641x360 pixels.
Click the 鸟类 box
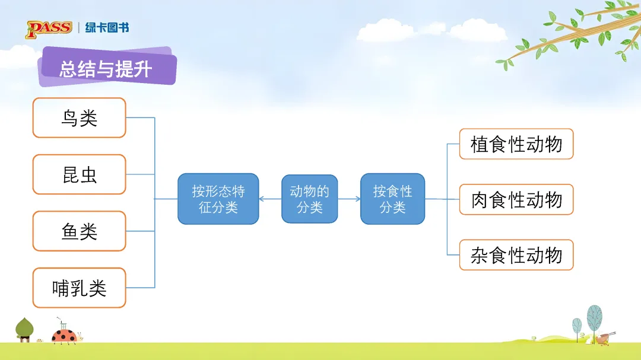tap(79, 118)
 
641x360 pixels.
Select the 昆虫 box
tap(79, 174)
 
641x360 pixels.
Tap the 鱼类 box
tap(79, 231)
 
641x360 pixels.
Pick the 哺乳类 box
tap(79, 288)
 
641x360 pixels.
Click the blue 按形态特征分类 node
tap(218, 199)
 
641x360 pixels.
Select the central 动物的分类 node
tap(309, 199)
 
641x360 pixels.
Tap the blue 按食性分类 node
tap(392, 199)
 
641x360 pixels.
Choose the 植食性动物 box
tap(516, 144)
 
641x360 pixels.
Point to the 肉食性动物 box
tap(516, 199)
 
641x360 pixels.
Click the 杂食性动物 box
tap(516, 255)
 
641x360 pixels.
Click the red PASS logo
tap(49, 28)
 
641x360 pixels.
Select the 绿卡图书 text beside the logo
tap(107, 28)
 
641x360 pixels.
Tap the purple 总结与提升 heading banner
tap(107, 68)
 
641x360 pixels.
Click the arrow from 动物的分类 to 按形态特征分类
tap(270, 199)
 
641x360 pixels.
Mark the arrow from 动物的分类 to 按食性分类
tap(349, 199)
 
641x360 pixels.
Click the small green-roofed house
tap(24, 330)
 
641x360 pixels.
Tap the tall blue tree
tap(594, 319)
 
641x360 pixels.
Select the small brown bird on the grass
tap(604, 338)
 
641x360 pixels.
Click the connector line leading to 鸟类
tap(140, 118)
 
